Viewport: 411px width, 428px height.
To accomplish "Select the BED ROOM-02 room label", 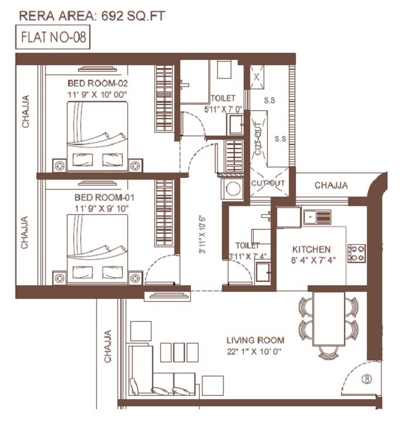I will tap(97, 82).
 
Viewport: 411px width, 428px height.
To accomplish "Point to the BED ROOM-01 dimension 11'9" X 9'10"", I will tap(97, 208).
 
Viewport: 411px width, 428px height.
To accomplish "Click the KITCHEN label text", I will tap(311, 250).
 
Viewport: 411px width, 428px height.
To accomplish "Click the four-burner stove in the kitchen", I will tap(356, 253).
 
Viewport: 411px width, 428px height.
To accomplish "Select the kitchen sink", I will tap(316, 217).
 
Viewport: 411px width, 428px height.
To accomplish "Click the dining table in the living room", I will tap(329, 319).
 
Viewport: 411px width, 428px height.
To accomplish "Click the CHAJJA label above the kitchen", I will tap(331, 186).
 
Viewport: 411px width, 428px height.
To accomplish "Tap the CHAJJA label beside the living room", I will tap(108, 346).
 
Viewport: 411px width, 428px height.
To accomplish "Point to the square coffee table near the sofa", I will tap(141, 331).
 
